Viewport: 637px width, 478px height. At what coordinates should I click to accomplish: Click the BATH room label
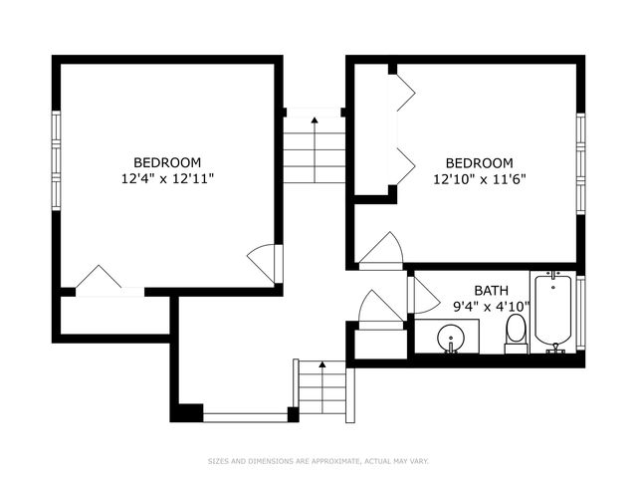tap(491, 291)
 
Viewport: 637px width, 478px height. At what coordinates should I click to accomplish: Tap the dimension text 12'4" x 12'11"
tap(167, 179)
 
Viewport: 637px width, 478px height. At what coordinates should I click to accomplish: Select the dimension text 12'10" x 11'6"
tap(479, 180)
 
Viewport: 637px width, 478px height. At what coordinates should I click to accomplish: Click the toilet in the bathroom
tap(516, 333)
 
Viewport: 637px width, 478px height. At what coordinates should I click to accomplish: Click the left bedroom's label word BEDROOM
tap(167, 162)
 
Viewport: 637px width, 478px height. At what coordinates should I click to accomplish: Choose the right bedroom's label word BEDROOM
tap(479, 163)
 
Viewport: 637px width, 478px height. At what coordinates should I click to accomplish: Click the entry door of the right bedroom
tap(382, 250)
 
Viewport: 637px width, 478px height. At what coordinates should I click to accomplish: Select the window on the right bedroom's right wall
tap(580, 161)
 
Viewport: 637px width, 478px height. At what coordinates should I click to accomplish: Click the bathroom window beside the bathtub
tap(581, 312)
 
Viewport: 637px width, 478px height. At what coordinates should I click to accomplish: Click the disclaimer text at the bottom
tap(318, 461)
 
